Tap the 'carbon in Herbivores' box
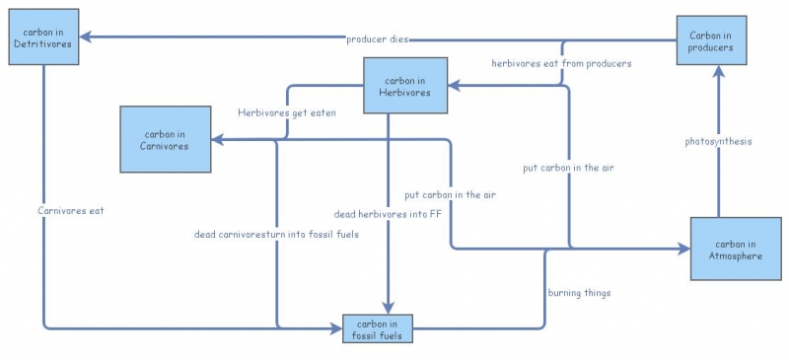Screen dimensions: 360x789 [x=405, y=86]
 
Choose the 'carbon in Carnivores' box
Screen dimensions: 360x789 [x=166, y=139]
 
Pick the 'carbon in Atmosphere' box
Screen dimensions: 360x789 [x=735, y=250]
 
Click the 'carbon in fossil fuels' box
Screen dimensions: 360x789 [x=378, y=329]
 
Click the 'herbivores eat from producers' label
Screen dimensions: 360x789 [x=561, y=63]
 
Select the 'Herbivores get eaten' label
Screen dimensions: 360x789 [x=287, y=112]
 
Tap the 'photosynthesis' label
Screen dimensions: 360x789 [x=719, y=141]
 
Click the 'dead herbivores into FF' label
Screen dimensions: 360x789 [x=388, y=214]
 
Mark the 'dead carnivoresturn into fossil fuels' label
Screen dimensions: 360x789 [x=276, y=235]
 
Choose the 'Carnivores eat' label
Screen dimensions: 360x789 [x=70, y=210]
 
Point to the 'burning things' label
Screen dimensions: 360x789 [x=579, y=293]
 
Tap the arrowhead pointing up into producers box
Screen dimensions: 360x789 [x=719, y=70]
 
